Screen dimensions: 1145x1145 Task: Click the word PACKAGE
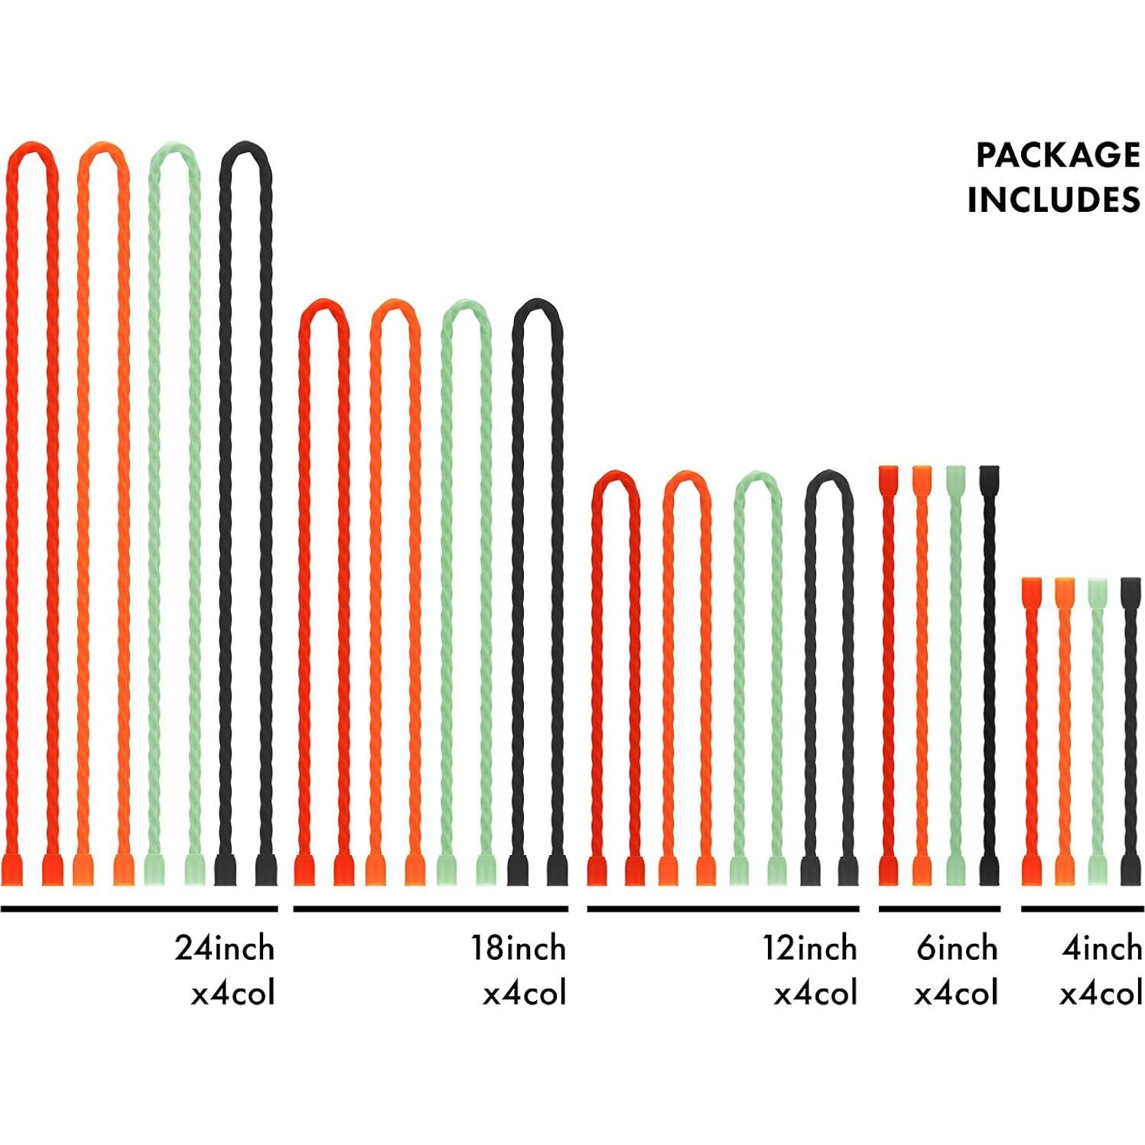click(x=1057, y=155)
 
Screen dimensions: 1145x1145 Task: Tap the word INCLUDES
click(x=1053, y=200)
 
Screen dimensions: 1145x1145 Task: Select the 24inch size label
click(x=224, y=948)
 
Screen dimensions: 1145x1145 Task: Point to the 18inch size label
click(x=518, y=948)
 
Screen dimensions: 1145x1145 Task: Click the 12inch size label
click(x=809, y=948)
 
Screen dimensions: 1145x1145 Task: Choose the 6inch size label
click(x=957, y=948)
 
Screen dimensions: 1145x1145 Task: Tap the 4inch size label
click(x=1101, y=948)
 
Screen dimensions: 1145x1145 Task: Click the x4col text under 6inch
click(x=956, y=994)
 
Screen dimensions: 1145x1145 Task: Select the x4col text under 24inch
click(x=233, y=994)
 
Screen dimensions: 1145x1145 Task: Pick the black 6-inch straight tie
click(x=989, y=673)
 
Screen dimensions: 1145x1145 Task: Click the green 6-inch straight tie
click(x=955, y=673)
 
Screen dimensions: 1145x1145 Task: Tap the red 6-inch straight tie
click(x=888, y=673)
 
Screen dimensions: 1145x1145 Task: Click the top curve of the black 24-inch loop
click(x=246, y=147)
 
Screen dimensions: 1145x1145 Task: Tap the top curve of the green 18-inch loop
click(x=464, y=304)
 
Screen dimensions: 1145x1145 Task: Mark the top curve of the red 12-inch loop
click(x=615, y=477)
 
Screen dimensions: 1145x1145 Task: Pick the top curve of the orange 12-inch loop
click(x=687, y=477)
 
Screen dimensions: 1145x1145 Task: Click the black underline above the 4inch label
click(x=1082, y=909)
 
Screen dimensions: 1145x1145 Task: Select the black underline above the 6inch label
click(x=939, y=909)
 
